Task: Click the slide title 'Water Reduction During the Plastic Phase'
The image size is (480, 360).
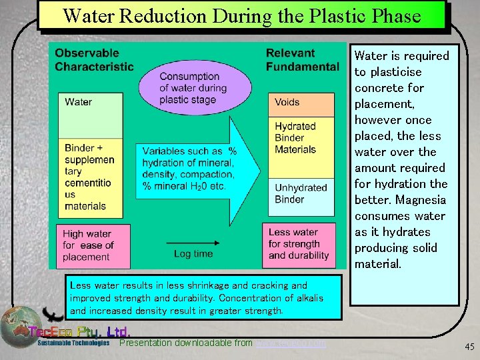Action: click(x=242, y=15)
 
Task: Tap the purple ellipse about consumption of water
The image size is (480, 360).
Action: click(x=195, y=87)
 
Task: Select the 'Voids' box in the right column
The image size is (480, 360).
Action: click(x=301, y=104)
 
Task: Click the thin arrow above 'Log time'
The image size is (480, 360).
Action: click(x=193, y=242)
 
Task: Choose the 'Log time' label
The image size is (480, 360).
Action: click(x=193, y=254)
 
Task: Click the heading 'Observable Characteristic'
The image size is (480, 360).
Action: click(x=94, y=59)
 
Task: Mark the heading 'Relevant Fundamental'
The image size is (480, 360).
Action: click(x=302, y=59)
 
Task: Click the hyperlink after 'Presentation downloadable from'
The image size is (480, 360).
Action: click(x=291, y=343)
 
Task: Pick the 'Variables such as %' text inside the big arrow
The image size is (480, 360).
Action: click(x=189, y=151)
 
